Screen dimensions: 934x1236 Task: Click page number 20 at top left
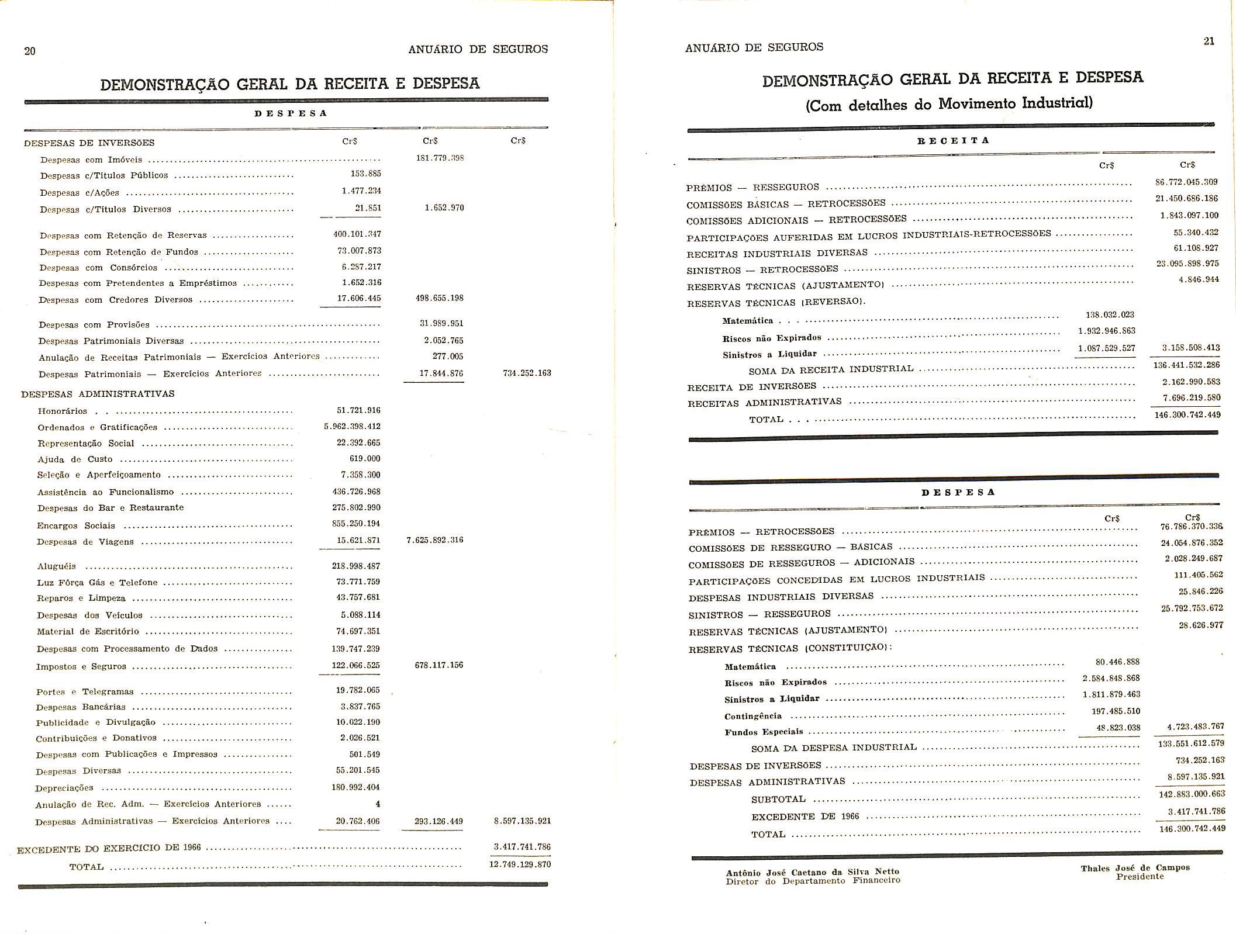(30, 51)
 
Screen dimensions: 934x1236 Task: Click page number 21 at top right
(1209, 41)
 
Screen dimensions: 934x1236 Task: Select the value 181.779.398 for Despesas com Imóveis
(440, 158)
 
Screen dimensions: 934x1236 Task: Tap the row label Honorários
(63, 411)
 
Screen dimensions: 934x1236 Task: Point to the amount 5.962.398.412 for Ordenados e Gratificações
(352, 427)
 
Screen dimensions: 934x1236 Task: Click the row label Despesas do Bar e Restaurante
(111, 508)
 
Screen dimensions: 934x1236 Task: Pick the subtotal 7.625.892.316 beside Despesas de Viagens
(434, 540)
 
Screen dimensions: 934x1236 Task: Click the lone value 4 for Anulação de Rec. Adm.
(378, 804)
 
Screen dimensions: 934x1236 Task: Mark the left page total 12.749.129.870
(519, 864)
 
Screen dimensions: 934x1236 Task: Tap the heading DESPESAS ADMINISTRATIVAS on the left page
(98, 394)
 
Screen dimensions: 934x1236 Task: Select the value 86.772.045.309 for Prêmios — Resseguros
(1186, 182)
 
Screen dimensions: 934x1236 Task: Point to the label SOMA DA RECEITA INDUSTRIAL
(831, 369)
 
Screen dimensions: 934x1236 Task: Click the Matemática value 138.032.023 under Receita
(1110, 315)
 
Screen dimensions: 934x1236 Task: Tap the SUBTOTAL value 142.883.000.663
(1191, 794)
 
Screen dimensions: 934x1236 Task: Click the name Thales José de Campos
(1135, 868)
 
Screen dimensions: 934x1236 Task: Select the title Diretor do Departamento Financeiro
(813, 880)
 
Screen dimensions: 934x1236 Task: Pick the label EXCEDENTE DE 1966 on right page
(805, 817)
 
